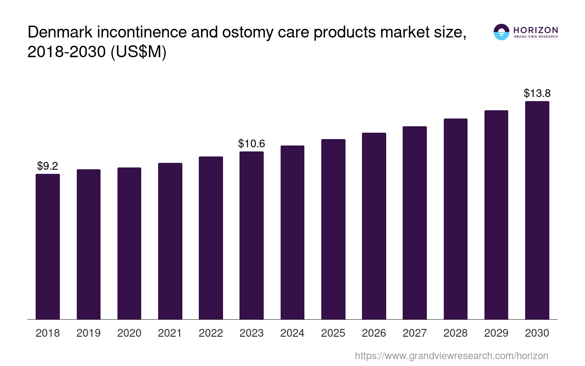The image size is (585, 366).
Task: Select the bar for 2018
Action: (48, 247)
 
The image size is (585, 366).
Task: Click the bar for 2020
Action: (129, 243)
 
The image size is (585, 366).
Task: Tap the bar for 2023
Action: (251, 235)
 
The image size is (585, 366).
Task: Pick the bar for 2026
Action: (374, 226)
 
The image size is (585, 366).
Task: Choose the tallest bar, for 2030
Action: (537, 210)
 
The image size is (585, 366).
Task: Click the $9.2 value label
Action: (48, 166)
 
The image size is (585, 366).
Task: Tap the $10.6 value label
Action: (251, 144)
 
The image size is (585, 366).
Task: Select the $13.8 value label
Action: (537, 93)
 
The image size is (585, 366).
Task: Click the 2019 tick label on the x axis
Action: (88, 333)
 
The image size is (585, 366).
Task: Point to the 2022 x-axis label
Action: (211, 333)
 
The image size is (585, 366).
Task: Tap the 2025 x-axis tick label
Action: (333, 333)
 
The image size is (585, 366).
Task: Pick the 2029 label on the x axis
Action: (496, 333)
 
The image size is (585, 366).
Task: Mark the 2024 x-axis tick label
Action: (292, 333)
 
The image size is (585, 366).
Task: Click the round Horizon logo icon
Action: (501, 32)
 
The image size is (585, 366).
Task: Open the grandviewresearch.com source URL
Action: (451, 355)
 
